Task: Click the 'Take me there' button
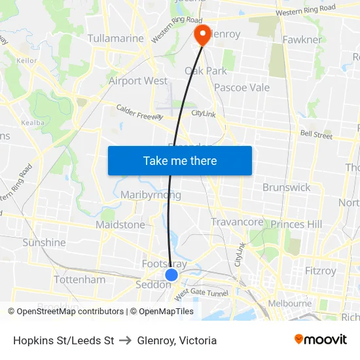180,160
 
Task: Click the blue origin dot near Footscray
171,275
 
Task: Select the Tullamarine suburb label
116,39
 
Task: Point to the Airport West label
137,81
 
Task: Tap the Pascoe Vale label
242,88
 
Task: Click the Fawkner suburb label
302,40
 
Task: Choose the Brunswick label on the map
286,188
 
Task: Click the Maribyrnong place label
151,195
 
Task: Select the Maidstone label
120,225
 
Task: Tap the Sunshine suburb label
44,243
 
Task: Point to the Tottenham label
79,279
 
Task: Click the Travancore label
237,223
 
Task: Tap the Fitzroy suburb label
321,271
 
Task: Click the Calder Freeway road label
139,112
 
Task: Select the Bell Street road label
316,134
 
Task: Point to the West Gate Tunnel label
201,292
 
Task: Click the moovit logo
321,340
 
